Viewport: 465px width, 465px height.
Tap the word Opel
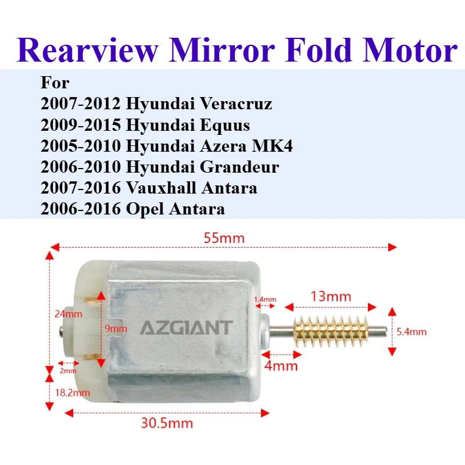pyautogui.click(x=145, y=209)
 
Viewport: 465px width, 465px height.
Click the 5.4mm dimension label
pyautogui.click(x=412, y=332)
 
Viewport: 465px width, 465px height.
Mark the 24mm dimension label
pyautogui.click(x=68, y=314)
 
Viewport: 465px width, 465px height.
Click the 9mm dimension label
pyautogui.click(x=116, y=328)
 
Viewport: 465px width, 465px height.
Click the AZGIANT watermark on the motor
pyautogui.click(x=185, y=327)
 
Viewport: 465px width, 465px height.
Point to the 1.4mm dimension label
pyautogui.click(x=266, y=300)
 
